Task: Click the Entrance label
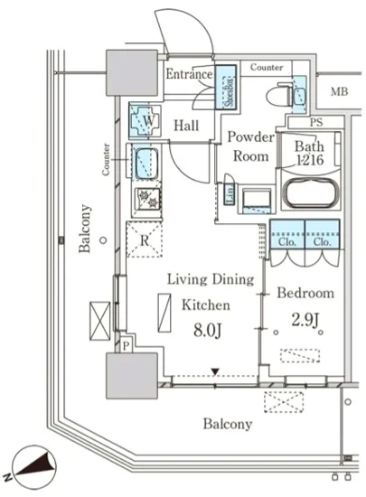pos(189,74)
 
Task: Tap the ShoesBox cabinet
pos(226,87)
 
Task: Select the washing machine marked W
pos(145,120)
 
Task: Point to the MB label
pos(340,92)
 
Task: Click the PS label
pos(316,122)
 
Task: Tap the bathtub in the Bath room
pos(311,192)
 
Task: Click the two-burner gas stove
pos(148,199)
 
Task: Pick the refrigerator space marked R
pos(145,239)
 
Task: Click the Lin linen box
pos(230,194)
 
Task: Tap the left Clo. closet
pos(287,234)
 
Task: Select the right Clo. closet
pos(323,234)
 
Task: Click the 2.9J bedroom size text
pos(305,320)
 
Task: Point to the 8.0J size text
pos(207,330)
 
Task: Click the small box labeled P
pos(127,345)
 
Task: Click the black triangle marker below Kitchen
pos(215,371)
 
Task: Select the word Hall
pos(186,126)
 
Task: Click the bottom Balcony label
pos(228,424)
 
